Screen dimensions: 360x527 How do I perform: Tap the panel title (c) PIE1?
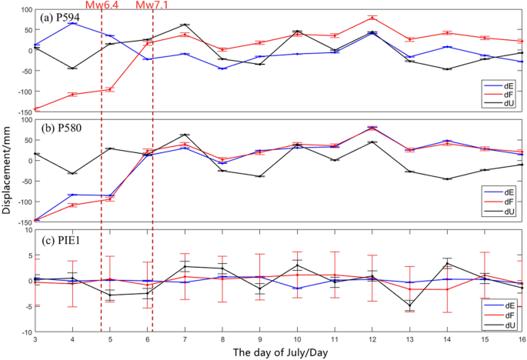pyautogui.click(x=56, y=238)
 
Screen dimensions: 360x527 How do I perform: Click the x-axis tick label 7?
pyautogui.click(x=185, y=338)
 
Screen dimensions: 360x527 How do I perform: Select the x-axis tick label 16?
pyautogui.click(x=522, y=338)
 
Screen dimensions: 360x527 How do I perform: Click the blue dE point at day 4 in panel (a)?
pyautogui.click(x=72, y=23)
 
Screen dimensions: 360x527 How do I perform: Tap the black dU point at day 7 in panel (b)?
pyautogui.click(x=185, y=135)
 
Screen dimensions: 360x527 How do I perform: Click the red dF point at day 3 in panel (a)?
pyautogui.click(x=35, y=109)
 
